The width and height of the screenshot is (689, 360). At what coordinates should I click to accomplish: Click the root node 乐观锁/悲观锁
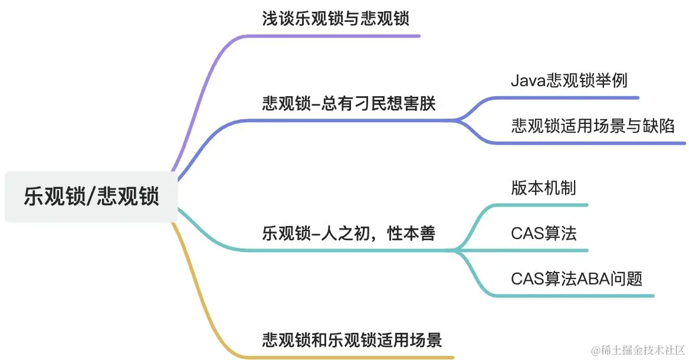point(91,197)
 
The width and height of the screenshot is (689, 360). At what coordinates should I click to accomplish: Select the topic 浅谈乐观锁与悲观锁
point(335,19)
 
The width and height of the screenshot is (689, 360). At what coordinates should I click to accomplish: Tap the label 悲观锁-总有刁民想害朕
point(349,104)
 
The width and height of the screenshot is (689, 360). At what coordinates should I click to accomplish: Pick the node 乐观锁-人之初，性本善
point(349,234)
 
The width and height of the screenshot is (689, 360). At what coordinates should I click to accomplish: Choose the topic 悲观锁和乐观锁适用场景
point(352,340)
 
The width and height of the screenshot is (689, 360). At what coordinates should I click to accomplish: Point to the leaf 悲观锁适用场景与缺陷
point(593,126)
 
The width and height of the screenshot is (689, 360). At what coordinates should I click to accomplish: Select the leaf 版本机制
point(543,188)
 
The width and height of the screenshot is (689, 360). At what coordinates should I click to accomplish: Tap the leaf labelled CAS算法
point(543,233)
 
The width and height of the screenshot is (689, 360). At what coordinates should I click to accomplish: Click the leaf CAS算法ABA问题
point(576,278)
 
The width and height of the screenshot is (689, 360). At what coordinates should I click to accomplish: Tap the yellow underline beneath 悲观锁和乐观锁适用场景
point(354,357)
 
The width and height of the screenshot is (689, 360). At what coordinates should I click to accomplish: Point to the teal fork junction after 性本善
point(458,251)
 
